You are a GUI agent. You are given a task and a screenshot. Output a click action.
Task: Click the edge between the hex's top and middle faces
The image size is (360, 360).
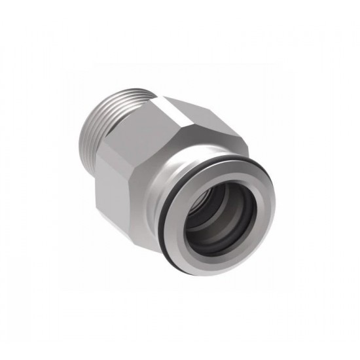pos(175,131)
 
